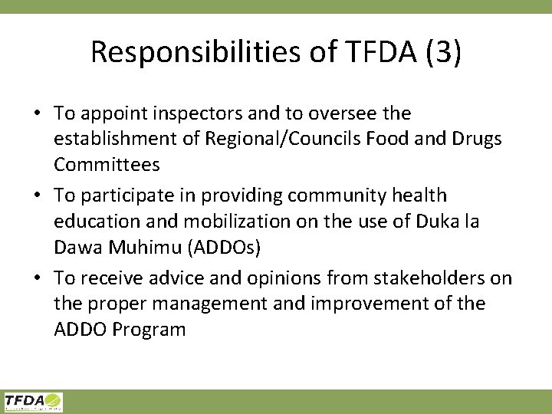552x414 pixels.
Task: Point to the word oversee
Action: (343, 113)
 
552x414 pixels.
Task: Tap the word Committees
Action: (107, 165)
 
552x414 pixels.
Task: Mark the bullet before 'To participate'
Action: (38, 196)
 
